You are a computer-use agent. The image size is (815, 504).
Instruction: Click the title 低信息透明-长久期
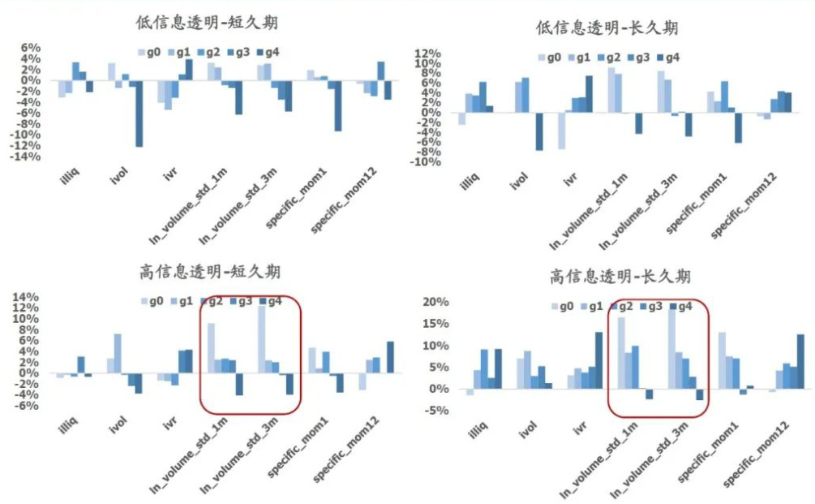pos(607,28)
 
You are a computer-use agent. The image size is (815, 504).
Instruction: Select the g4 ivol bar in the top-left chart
pos(139,114)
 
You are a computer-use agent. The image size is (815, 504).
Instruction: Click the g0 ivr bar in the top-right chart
pos(560,131)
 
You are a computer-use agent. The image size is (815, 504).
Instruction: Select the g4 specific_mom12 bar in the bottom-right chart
pos(800,361)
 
